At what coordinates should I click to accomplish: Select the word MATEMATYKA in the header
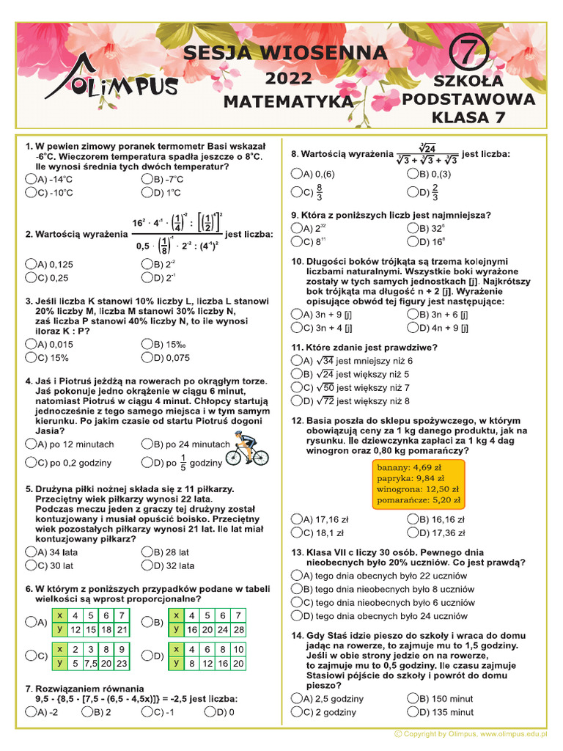tap(287, 100)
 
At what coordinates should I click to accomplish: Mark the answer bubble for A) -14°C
tap(31, 179)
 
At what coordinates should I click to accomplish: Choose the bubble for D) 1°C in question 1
tap(147, 193)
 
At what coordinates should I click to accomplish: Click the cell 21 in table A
tap(122, 629)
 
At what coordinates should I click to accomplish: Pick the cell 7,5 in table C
tap(91, 664)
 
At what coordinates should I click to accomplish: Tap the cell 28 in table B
tap(239, 629)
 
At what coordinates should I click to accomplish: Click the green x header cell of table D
tap(176, 649)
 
